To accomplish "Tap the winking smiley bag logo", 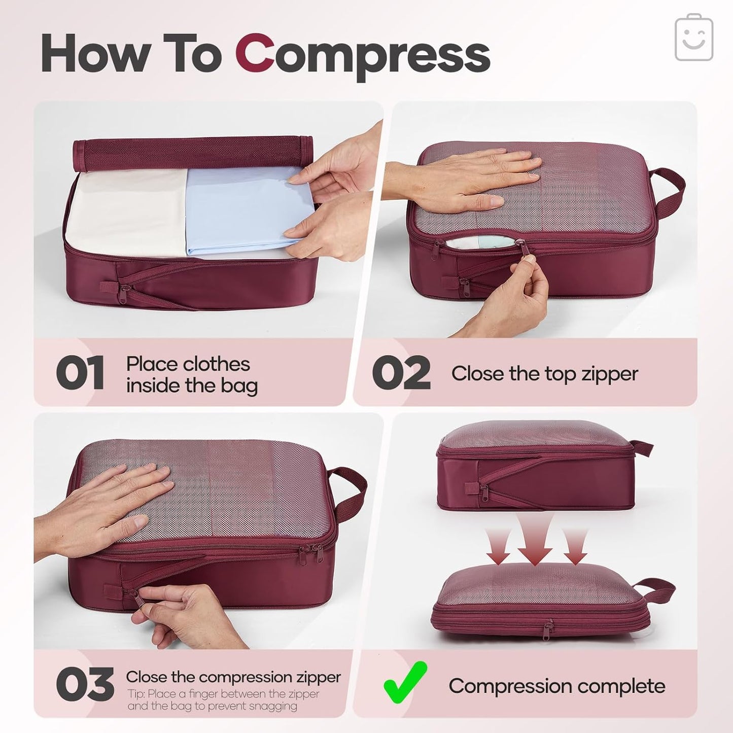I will [694, 38].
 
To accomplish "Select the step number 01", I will [80, 373].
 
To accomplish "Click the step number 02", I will [401, 373].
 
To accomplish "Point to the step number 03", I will [85, 685].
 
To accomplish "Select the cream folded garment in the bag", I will [127, 213].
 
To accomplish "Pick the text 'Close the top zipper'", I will [544, 374].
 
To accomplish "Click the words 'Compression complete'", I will [556, 686].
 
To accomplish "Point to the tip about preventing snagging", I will [223, 700].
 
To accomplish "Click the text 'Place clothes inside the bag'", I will [191, 375].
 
